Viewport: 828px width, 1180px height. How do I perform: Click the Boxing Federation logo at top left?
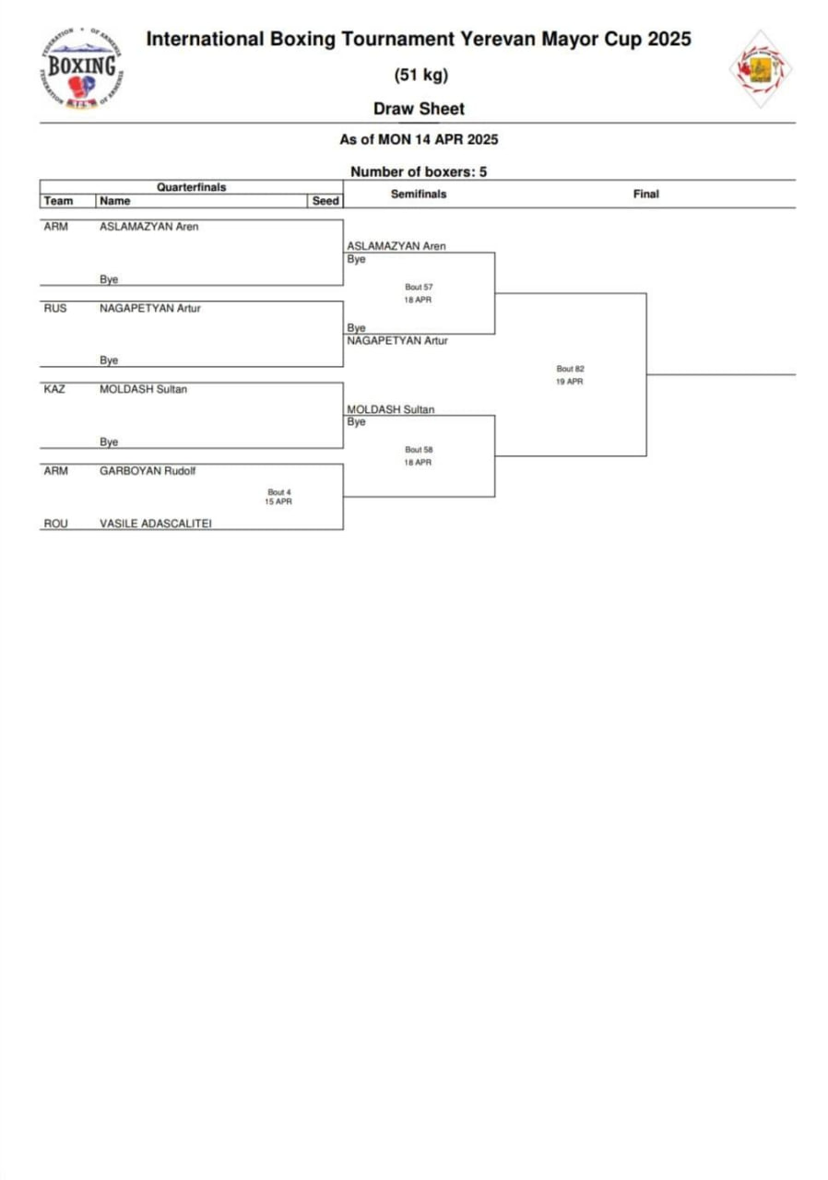[x=82, y=69]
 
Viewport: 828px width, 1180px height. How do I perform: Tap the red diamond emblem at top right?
[x=761, y=68]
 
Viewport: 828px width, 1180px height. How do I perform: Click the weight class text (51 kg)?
[x=420, y=76]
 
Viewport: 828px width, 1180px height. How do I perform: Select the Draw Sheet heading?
[x=419, y=109]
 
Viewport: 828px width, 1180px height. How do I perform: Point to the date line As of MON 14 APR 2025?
[x=419, y=140]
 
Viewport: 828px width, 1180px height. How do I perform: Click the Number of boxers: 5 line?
[x=419, y=171]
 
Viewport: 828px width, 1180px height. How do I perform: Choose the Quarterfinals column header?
[x=191, y=187]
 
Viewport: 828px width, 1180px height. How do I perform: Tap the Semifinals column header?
[x=419, y=195]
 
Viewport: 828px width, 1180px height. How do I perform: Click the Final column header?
[x=645, y=195]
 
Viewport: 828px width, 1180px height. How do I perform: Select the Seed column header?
[x=325, y=201]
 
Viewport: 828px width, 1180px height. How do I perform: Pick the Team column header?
[x=58, y=201]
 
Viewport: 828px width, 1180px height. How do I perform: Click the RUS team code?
[x=55, y=309]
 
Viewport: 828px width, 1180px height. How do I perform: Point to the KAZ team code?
[x=55, y=389]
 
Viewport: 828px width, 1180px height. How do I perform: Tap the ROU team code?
[x=55, y=524]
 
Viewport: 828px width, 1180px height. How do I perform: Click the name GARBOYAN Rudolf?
[x=148, y=470]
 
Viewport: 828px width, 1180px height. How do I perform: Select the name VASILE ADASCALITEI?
[x=155, y=524]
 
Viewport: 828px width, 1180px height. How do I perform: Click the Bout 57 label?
[x=419, y=287]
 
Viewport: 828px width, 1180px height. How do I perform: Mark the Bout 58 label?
[x=419, y=450]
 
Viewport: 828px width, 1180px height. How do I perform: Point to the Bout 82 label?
[x=570, y=369]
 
